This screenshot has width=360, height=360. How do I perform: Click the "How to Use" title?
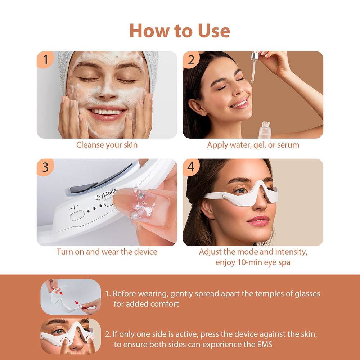(x=180, y=31)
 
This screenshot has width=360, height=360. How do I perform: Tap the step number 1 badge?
(x=45, y=60)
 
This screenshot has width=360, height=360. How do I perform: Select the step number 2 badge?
(x=191, y=60)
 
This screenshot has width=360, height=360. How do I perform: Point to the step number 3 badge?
(x=45, y=168)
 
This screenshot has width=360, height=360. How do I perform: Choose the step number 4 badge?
(x=191, y=168)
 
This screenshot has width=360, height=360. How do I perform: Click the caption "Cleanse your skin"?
(x=107, y=145)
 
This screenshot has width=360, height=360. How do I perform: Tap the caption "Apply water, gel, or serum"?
(x=253, y=145)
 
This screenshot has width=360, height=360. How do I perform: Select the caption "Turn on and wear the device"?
(x=107, y=252)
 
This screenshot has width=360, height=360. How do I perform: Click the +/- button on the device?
(x=77, y=216)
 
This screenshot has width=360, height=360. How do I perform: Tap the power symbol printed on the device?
(x=98, y=198)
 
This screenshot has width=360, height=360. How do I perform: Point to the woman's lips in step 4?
(x=258, y=220)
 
